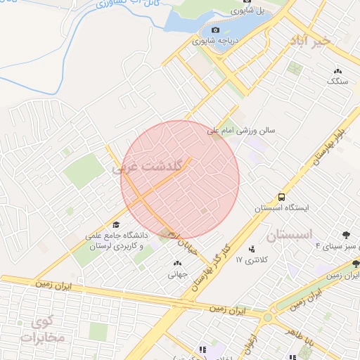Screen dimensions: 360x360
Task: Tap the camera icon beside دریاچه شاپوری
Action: pos(216,30)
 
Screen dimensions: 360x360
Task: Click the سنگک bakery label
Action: pos(337,81)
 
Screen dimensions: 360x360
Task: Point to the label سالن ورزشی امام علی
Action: pos(246,131)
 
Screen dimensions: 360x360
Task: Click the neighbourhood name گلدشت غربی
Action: pos(147,167)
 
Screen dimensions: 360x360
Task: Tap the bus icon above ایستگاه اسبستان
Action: pos(281,197)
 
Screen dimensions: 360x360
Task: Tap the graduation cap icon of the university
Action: pos(116,224)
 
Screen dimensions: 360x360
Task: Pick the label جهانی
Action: pos(176,275)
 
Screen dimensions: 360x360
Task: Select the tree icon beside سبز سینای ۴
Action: pos(345,235)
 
